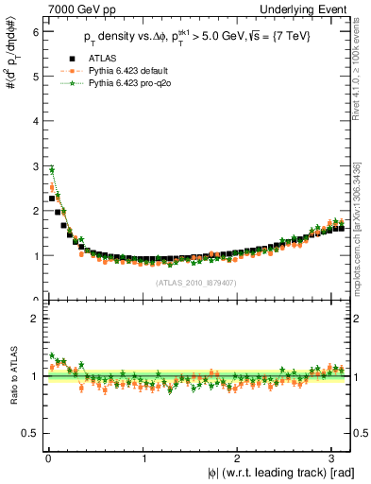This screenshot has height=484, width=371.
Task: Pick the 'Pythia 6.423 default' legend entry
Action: coord(124,71)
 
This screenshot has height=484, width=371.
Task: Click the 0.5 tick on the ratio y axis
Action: coord(31,433)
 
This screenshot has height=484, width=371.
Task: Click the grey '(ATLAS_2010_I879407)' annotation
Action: coord(196,282)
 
